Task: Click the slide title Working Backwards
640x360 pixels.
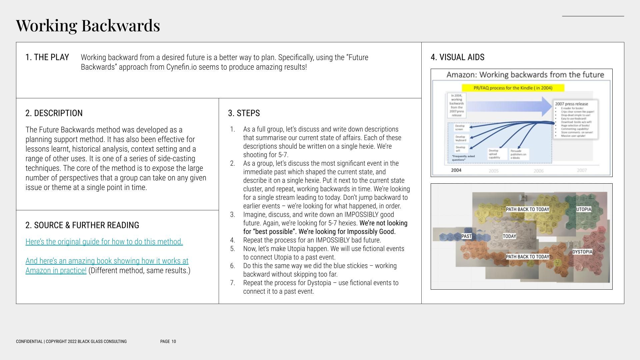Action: click(88, 25)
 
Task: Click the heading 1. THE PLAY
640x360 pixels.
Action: click(47, 57)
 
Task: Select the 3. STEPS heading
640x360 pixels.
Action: click(244, 113)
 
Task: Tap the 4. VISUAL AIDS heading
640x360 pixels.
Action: click(457, 57)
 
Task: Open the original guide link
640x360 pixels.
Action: click(104, 242)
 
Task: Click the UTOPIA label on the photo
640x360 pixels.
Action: click(583, 209)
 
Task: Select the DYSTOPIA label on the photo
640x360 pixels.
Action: click(582, 252)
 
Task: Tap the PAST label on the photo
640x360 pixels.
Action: click(466, 236)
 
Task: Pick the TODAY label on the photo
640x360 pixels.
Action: click(509, 236)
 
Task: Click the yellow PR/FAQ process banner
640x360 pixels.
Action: click(513, 88)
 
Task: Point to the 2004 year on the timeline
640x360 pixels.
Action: click(456, 170)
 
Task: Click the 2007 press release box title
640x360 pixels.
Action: click(571, 104)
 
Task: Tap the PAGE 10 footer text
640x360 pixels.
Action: click(168, 341)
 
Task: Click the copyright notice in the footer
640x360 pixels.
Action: click(71, 341)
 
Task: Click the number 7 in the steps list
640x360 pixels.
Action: click(232, 283)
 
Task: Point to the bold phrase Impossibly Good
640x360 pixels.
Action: click(371, 232)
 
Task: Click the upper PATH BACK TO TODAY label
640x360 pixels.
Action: click(527, 209)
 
